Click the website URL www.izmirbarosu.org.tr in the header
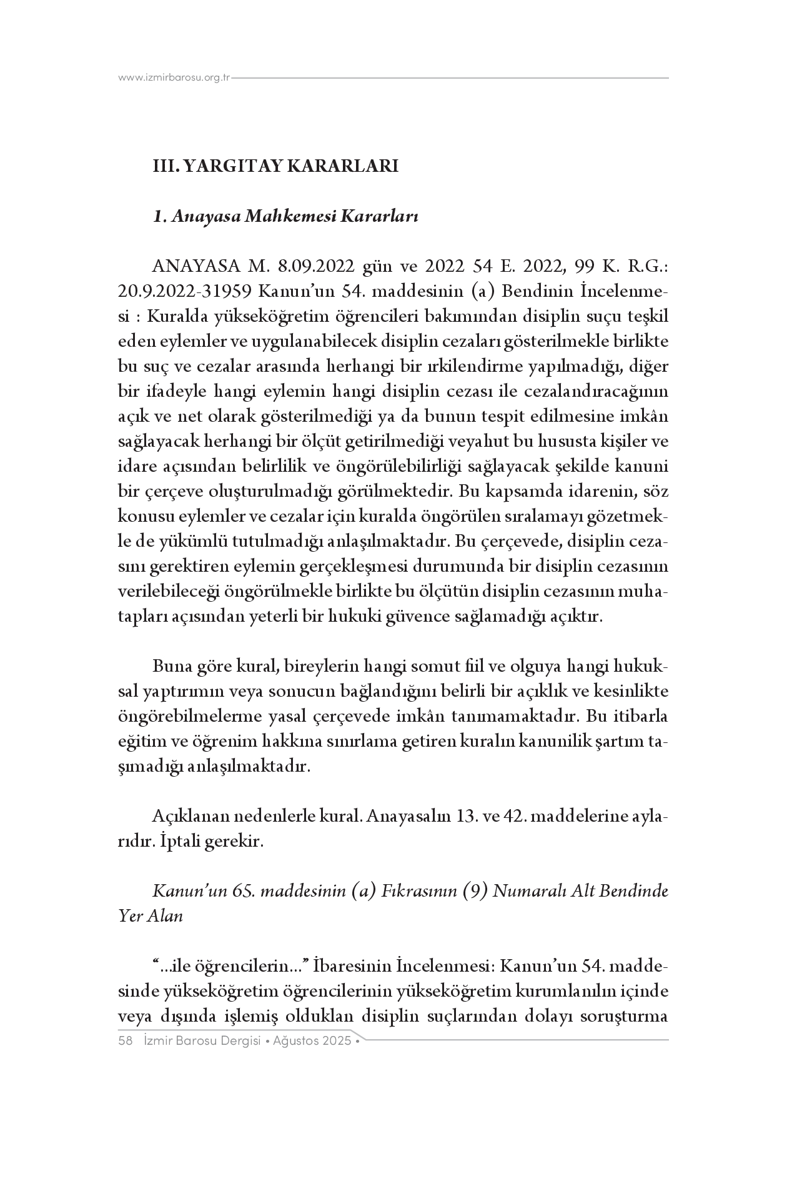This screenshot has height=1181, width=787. (174, 78)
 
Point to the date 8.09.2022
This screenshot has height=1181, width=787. (309, 267)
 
